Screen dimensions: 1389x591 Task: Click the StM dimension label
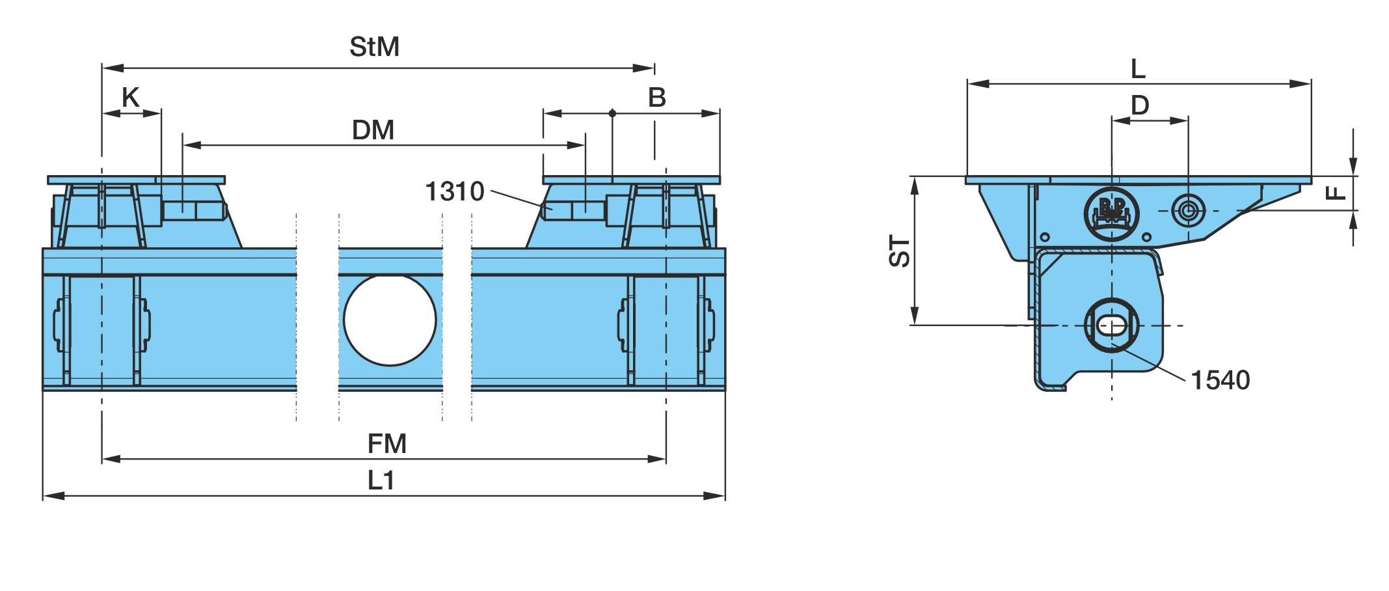click(x=374, y=47)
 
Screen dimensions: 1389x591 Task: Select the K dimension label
click(x=131, y=98)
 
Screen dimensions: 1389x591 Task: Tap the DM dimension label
click(x=373, y=130)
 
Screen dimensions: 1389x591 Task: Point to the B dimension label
click(x=657, y=98)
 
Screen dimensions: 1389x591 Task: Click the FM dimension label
click(x=387, y=444)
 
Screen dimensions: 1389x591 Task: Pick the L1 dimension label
click(x=381, y=480)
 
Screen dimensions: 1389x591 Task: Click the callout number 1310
click(x=455, y=191)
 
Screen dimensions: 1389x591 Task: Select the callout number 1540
click(x=1220, y=380)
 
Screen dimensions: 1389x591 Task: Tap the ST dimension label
click(x=900, y=251)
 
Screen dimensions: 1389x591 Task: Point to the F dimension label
click(x=1336, y=193)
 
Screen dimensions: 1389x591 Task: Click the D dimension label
click(x=1140, y=105)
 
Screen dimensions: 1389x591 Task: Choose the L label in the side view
click(x=1138, y=68)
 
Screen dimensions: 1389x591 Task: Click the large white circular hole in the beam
click(x=390, y=320)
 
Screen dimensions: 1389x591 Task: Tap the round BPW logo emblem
click(x=1112, y=213)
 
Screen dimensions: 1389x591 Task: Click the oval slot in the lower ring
click(x=1112, y=325)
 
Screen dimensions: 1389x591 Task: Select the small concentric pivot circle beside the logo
click(x=1188, y=210)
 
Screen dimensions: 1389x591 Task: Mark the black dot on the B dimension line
click(x=612, y=113)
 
